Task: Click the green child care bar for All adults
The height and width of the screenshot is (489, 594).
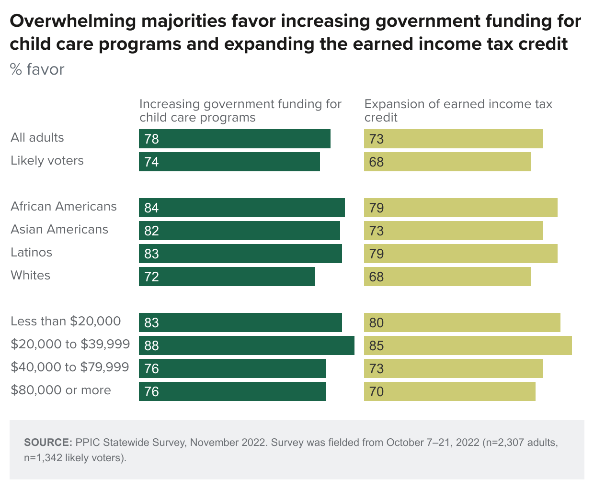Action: [235, 139]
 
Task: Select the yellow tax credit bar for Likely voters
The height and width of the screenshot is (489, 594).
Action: [447, 162]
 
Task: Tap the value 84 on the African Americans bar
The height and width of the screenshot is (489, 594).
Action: [151, 208]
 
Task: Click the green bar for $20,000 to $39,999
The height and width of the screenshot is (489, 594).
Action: [246, 345]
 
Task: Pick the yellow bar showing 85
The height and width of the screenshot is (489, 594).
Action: [468, 345]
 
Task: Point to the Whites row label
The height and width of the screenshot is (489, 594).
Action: [31, 276]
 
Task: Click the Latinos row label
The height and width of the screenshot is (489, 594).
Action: [32, 253]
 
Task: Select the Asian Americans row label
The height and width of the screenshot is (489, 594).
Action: [59, 230]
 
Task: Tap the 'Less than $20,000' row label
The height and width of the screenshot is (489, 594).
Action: [66, 321]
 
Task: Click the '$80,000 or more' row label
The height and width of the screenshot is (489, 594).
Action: [61, 390]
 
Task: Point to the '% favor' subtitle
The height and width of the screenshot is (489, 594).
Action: [37, 69]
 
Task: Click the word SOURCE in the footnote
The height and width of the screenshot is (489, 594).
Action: [48, 443]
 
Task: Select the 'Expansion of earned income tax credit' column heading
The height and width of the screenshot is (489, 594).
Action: [458, 111]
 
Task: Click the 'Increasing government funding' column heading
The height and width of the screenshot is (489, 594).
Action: [240, 111]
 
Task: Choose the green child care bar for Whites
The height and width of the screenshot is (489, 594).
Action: [227, 277]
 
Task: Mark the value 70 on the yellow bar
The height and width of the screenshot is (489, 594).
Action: [377, 391]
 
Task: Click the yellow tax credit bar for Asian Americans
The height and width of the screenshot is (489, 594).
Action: [453, 231]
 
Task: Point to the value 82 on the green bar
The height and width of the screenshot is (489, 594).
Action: [151, 231]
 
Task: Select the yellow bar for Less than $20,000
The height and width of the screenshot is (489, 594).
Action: [462, 322]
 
